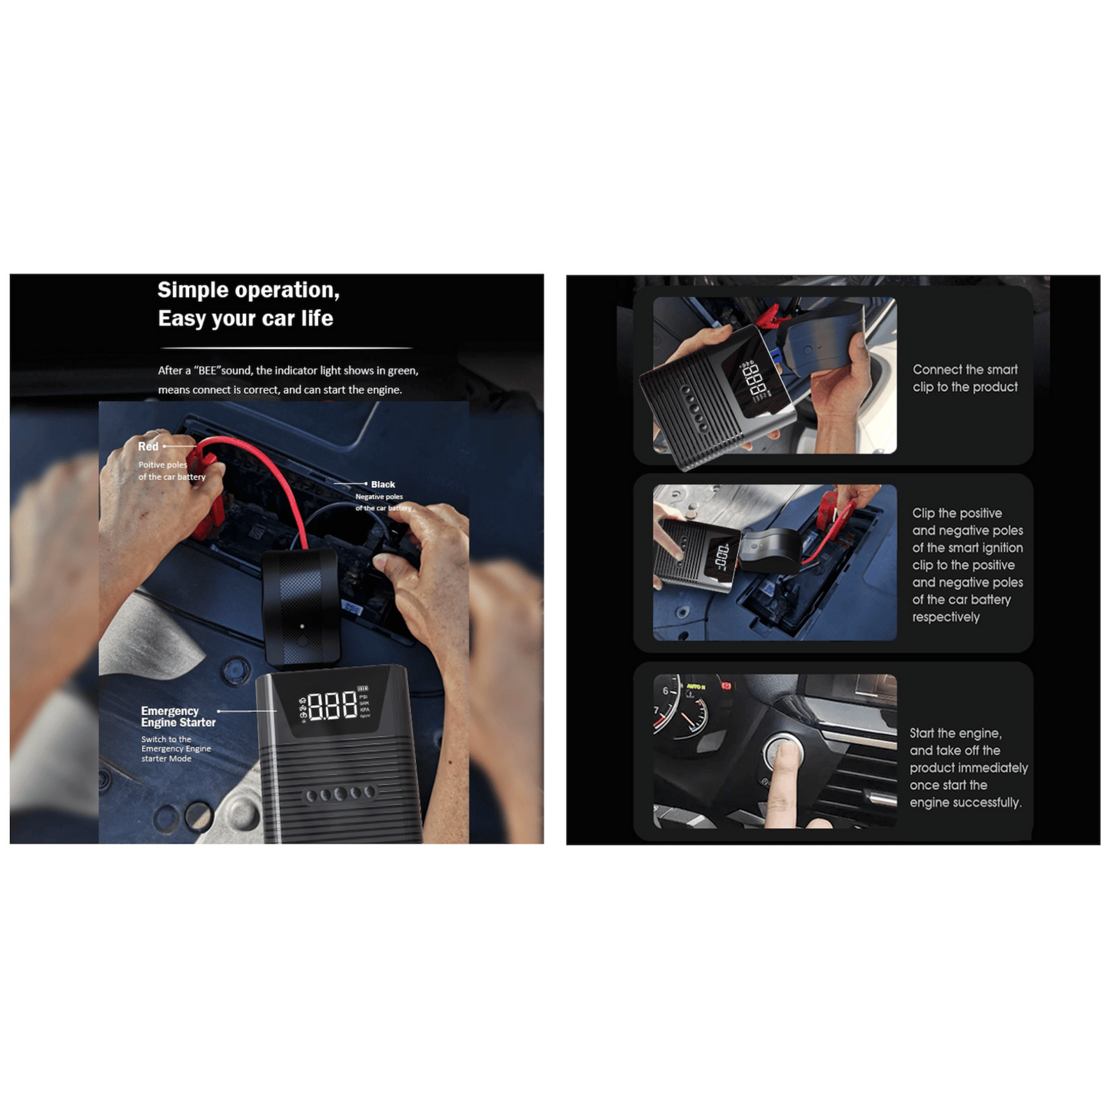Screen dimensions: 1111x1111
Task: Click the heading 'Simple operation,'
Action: [x=248, y=290]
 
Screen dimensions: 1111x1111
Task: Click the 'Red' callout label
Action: [x=148, y=446]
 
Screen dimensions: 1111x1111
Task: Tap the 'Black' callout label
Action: [x=383, y=484]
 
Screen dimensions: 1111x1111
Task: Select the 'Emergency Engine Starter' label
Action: [x=178, y=717]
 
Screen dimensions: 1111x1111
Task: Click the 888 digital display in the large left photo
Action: [x=333, y=705]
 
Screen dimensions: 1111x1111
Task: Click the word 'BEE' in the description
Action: [x=208, y=371]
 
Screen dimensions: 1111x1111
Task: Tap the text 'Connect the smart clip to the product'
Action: [x=965, y=378]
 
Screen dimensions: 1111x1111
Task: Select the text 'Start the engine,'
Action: [x=956, y=733]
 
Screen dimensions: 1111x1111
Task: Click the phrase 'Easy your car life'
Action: [x=245, y=318]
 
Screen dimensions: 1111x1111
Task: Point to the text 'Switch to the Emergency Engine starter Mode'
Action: [x=175, y=749]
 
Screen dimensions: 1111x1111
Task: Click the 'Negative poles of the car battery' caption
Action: [x=382, y=502]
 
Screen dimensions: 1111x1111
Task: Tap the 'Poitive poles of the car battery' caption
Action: [x=171, y=471]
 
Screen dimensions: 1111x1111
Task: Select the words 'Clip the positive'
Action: [x=957, y=513]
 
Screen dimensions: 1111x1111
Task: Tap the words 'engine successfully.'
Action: [x=965, y=803]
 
